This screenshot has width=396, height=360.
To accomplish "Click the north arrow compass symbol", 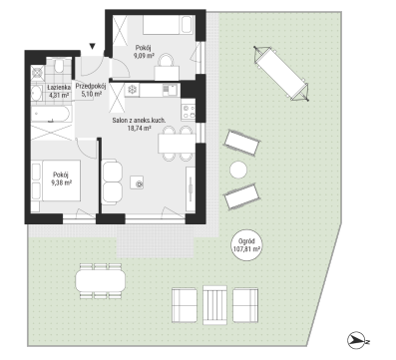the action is pos(358,341).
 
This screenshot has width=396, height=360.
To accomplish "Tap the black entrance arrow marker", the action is pos(93,47).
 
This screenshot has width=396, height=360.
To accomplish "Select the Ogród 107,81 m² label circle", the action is pos(246,245).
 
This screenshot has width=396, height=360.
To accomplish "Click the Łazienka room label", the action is pos(59,88).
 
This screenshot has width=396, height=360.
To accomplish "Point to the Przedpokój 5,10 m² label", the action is pos(91,90).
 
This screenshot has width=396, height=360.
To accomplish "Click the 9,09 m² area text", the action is pos(144,56).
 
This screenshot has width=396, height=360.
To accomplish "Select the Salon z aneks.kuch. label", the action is pos(139,121).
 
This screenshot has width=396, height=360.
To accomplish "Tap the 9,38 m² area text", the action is pos(62,182).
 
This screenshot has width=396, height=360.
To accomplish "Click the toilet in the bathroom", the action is pos(60,66).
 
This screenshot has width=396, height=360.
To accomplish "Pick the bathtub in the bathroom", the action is pos(51,115).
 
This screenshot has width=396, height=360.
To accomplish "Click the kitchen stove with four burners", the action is pos(189,112).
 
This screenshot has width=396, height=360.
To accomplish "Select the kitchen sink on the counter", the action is pos(169,90).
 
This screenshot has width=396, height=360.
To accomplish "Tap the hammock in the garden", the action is pos(281,74).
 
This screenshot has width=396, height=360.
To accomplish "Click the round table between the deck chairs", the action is pos(238,171).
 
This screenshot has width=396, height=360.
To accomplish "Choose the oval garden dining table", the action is pos(101,280).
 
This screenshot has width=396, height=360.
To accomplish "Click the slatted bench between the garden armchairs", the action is pos(214,304).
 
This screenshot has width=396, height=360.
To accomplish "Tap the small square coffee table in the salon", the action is pos(137,182).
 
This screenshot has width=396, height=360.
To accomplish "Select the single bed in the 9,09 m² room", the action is pos(168,25).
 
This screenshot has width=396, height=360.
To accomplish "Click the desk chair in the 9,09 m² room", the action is pos(167,61).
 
